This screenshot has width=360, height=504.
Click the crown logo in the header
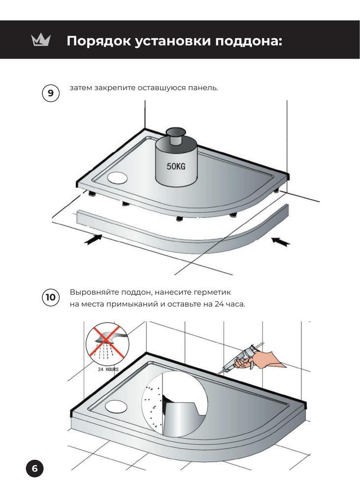click(x=41, y=40)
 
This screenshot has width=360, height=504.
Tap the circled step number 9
click(x=51, y=93)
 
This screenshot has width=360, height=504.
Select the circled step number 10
click(x=51, y=297)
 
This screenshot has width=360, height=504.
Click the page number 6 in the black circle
click(x=34, y=469)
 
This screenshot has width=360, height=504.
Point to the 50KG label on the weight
click(x=176, y=166)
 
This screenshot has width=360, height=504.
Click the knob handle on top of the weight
click(x=176, y=135)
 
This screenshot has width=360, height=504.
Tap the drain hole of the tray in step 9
click(x=117, y=178)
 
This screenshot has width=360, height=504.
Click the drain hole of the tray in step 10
click(x=115, y=406)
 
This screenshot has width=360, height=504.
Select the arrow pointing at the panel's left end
click(x=93, y=239)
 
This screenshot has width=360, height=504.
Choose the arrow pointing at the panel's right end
click(x=281, y=241)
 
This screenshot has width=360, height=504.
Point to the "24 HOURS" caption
click(x=108, y=369)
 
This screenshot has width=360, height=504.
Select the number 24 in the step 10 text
click(x=219, y=304)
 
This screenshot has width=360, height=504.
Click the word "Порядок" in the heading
click(x=99, y=41)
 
